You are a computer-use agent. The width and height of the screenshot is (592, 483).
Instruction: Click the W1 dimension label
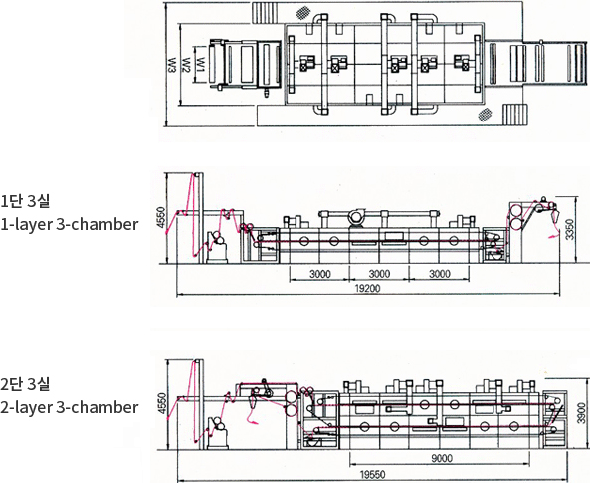(201, 65)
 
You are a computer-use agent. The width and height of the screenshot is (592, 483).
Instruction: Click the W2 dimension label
(186, 65)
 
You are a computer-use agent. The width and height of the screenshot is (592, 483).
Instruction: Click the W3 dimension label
(172, 65)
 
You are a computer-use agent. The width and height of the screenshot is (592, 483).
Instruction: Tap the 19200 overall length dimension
(368, 289)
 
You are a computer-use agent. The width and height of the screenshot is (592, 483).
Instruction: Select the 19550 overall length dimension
(373, 475)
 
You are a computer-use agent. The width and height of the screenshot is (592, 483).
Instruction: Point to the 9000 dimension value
(442, 459)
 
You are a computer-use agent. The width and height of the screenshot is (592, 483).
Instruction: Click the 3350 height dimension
(570, 229)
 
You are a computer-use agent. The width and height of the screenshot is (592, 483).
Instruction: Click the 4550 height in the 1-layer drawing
(161, 217)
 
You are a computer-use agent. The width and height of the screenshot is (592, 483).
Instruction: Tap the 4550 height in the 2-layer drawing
(162, 403)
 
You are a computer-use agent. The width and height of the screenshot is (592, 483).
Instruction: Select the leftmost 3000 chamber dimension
(320, 274)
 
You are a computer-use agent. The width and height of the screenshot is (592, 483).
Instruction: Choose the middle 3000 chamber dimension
(379, 274)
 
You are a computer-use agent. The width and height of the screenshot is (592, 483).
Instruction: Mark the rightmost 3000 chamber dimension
(440, 274)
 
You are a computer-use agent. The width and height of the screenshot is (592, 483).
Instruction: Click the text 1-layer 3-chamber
(69, 224)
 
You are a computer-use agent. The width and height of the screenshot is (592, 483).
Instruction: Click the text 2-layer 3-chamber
(69, 407)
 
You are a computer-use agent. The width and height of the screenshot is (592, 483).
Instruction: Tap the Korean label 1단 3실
(25, 201)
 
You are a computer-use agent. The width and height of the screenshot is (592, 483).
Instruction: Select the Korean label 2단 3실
(25, 384)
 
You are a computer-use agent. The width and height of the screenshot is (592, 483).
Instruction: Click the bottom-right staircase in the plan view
(515, 116)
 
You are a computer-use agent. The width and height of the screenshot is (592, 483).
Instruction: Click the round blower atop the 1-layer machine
(356, 217)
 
